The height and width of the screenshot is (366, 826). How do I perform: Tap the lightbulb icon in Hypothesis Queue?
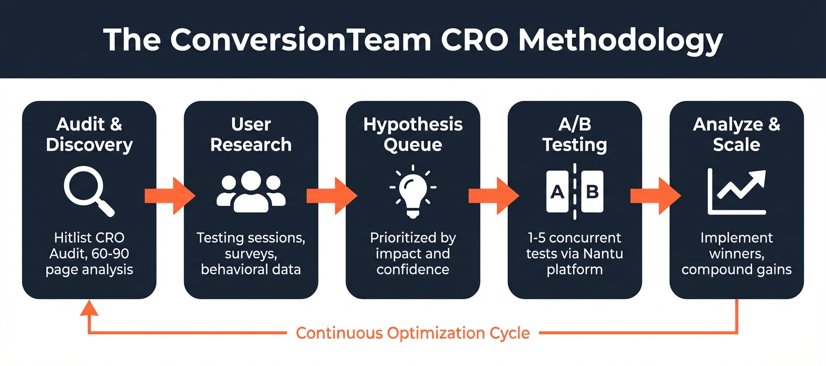point(412,192)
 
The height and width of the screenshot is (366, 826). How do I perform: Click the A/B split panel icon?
point(575,192)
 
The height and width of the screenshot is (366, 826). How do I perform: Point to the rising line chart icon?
point(737,192)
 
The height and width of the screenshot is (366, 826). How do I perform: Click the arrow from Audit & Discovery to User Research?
point(170,196)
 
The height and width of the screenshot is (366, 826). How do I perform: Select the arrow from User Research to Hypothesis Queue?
point(332,196)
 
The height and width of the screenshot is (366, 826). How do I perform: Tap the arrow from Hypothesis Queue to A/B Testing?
point(493,196)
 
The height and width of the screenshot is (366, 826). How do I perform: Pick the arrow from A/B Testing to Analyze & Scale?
point(655,196)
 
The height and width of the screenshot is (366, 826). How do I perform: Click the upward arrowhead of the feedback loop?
point(89,307)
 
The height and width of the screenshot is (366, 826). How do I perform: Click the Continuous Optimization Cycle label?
point(412,334)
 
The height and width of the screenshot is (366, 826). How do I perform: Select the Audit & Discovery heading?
point(89,135)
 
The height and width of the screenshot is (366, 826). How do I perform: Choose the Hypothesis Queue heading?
point(412,135)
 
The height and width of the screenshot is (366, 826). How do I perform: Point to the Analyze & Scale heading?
point(737,135)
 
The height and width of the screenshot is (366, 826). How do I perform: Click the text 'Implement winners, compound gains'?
point(737,254)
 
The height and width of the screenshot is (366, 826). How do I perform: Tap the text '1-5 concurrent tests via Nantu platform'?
point(575,253)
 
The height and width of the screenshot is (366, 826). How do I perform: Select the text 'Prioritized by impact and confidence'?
point(412,253)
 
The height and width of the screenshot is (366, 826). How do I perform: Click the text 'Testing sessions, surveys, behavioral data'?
point(251,253)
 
